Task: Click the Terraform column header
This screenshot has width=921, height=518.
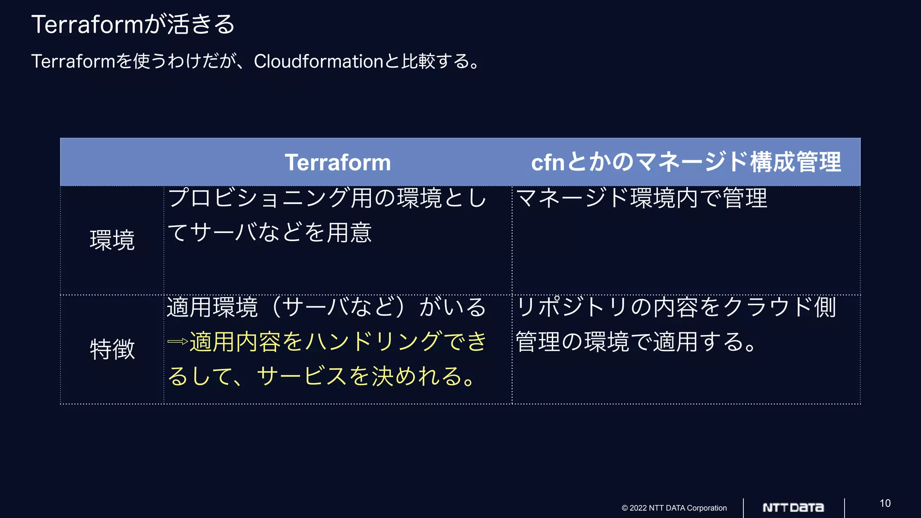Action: [338, 162]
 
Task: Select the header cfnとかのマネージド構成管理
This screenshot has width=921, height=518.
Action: [686, 162]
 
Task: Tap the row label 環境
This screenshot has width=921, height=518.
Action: [112, 240]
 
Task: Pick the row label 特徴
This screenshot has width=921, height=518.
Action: [112, 349]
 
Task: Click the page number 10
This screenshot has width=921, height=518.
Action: [885, 503]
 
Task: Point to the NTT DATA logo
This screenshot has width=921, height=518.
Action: [793, 508]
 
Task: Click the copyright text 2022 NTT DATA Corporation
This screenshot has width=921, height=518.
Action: [674, 508]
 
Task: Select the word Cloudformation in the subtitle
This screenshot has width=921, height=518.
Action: [318, 62]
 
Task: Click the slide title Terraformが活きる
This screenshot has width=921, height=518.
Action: [133, 24]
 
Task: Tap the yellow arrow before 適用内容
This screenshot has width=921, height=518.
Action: [178, 342]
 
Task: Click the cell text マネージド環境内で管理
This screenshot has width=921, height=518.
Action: [641, 198]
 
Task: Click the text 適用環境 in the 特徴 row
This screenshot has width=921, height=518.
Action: [212, 308]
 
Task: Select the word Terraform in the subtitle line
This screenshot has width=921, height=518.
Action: [73, 62]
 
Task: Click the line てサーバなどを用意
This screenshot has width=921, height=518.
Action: [269, 233]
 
